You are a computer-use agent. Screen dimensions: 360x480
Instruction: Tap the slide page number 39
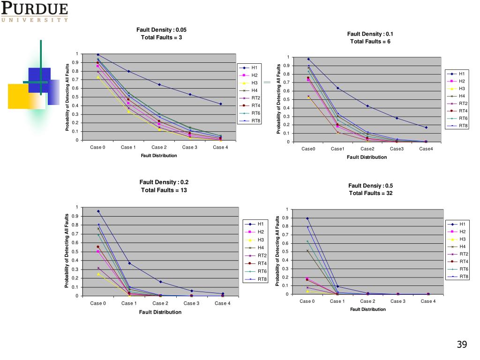point(462,345)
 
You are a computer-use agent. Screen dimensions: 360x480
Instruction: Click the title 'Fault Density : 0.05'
point(161,30)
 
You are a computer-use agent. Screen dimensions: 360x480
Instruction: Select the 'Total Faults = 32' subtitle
point(370,193)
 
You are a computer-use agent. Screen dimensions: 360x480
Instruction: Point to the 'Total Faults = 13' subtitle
point(164,190)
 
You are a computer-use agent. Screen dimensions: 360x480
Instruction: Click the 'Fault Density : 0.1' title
point(370,34)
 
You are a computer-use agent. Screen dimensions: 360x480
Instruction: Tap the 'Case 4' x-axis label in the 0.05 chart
point(220,147)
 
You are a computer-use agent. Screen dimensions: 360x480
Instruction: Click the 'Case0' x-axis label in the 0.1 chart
point(308,149)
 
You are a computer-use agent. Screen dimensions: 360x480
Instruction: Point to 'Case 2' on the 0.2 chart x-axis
point(160,303)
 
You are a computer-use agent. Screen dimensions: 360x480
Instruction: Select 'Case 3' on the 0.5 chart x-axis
point(397,301)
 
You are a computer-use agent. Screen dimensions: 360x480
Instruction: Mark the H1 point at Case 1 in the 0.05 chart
point(128,71)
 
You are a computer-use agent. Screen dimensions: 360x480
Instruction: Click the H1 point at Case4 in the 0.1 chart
point(427,127)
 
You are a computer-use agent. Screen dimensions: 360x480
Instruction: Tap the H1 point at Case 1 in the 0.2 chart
point(129,263)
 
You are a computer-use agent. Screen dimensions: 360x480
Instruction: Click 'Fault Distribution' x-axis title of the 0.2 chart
point(160,312)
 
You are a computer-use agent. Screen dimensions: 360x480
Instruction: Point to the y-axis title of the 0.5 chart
point(277,251)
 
